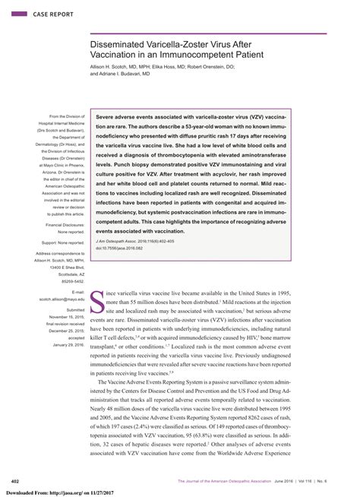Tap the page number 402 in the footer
(x=14, y=481)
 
